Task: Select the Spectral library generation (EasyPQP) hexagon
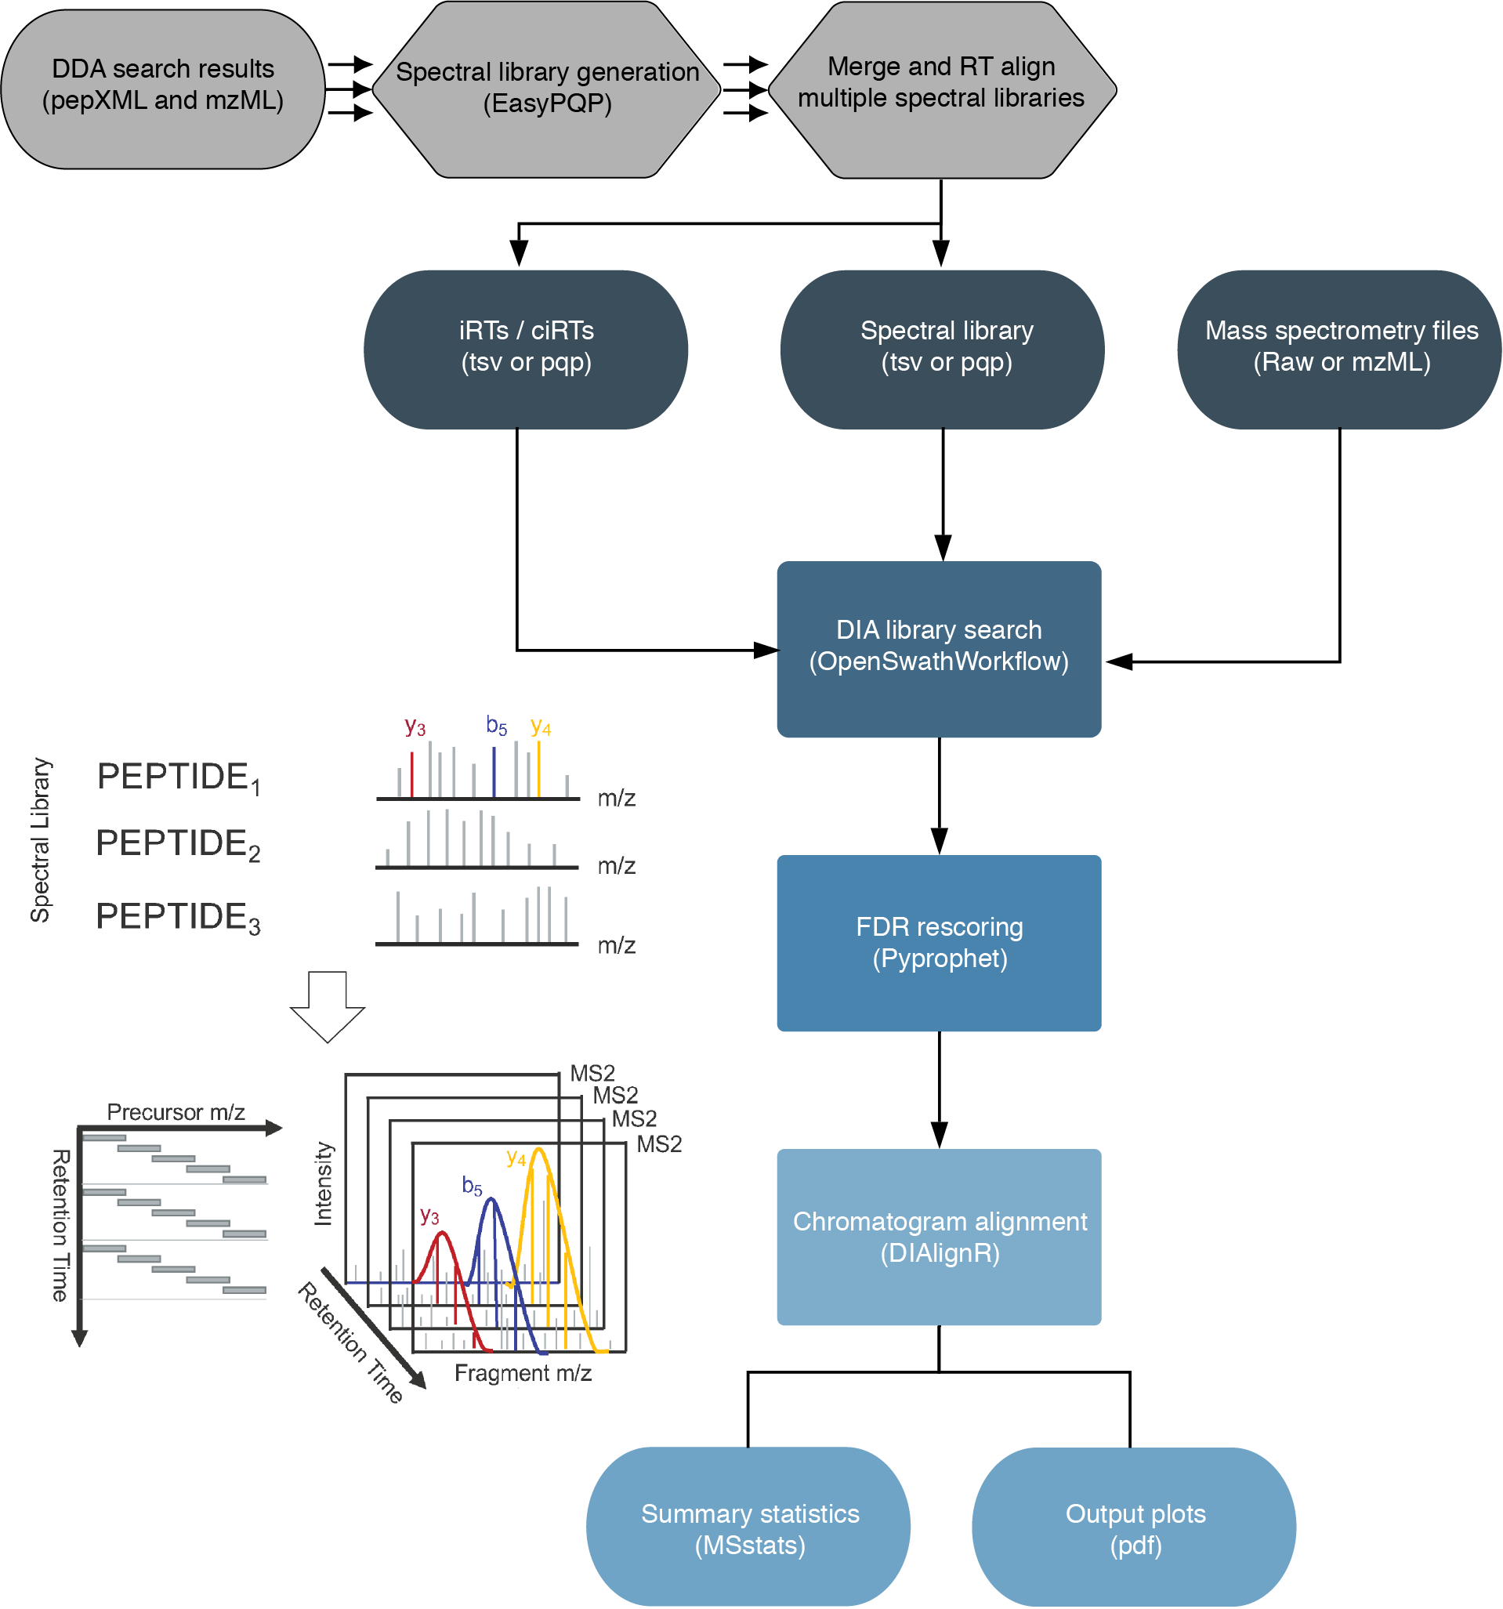pos(547,89)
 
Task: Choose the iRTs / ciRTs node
pos(526,348)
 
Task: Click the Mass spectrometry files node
pos(1340,348)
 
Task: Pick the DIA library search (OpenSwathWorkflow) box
pos(939,648)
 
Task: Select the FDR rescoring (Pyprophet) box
pos(939,944)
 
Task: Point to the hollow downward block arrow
pos(328,1007)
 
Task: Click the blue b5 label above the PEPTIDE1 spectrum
pos(496,726)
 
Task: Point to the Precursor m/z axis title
pos(176,1113)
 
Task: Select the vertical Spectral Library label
pos(41,840)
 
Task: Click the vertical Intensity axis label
pos(323,1185)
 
